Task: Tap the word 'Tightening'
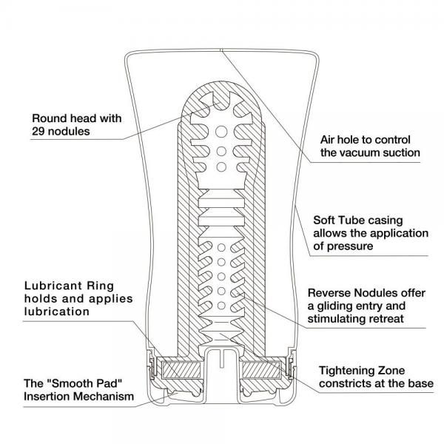347,370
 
